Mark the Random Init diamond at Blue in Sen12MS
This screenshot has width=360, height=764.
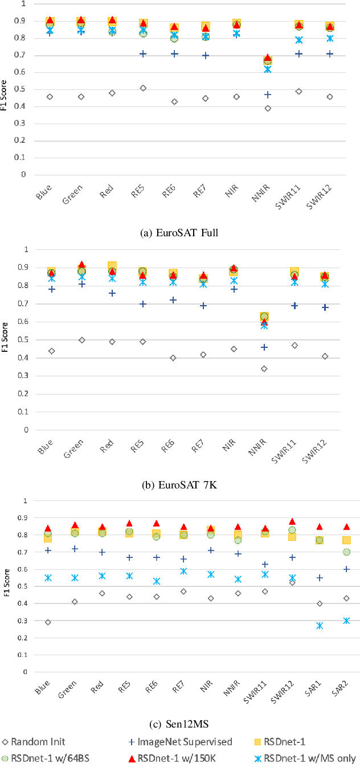click(x=48, y=622)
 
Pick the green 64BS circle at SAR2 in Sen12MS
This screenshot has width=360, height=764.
click(x=346, y=552)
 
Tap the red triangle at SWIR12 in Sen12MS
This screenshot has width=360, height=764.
click(x=292, y=521)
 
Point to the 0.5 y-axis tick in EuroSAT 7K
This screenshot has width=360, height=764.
click(x=24, y=340)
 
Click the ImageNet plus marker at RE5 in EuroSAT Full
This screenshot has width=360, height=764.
click(x=144, y=54)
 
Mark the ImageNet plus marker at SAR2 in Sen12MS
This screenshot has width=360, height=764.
click(x=346, y=569)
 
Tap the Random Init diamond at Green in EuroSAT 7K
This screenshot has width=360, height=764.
click(x=82, y=340)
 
